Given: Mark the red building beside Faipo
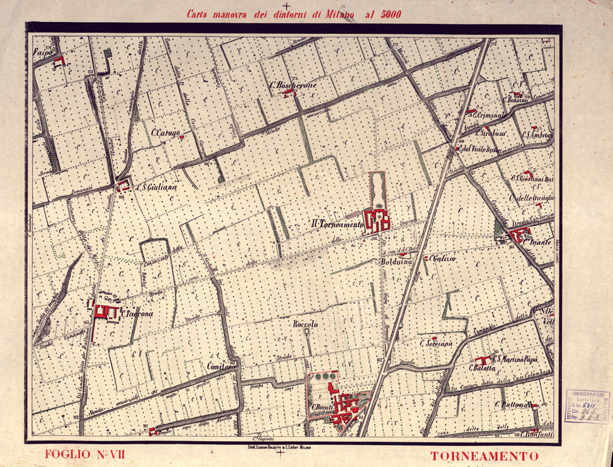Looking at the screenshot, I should (60, 60).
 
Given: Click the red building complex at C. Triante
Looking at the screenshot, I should (520, 235).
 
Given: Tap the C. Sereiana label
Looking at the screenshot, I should (437, 344).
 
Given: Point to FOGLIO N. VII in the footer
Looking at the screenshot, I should (82, 454).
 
